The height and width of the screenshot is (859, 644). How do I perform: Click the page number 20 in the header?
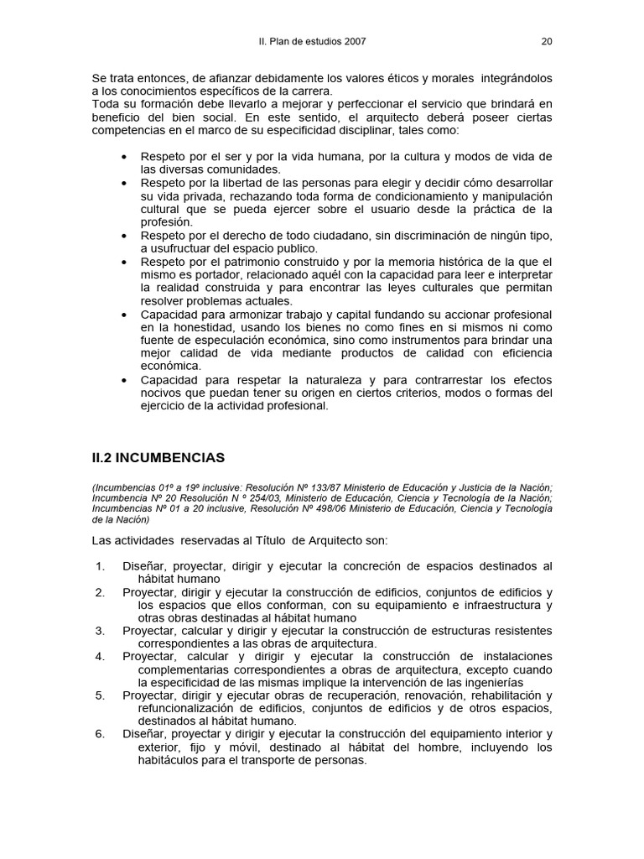(547, 40)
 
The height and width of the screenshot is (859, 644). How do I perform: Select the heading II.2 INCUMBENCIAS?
(158, 458)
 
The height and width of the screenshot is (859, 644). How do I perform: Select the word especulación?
(234, 340)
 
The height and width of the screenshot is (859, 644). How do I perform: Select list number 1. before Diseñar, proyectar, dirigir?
(100, 565)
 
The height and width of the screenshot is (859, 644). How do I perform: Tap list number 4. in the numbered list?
(100, 655)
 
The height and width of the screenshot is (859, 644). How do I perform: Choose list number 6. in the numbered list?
(100, 734)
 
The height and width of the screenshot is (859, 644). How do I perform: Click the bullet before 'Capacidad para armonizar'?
(125, 314)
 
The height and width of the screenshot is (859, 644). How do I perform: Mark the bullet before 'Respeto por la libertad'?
(125, 183)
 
